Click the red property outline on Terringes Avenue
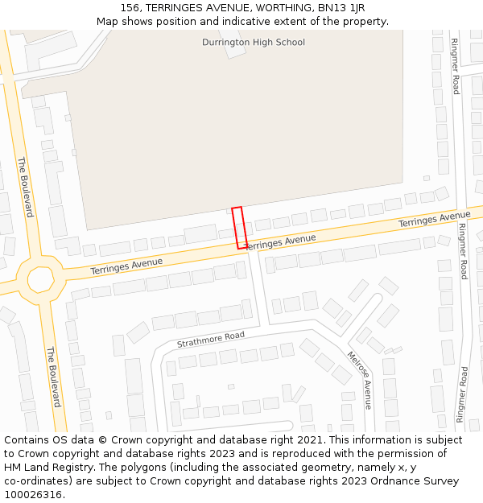pos(239,228)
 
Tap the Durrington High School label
pos(253,42)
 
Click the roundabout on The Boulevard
pos(40,279)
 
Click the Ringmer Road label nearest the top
pos(455,66)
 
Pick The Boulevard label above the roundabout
pos(25,187)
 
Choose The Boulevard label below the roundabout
pos(53,377)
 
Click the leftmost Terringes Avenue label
pos(126,266)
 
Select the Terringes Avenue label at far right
pos(434,219)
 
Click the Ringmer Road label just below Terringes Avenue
pos(463,251)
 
